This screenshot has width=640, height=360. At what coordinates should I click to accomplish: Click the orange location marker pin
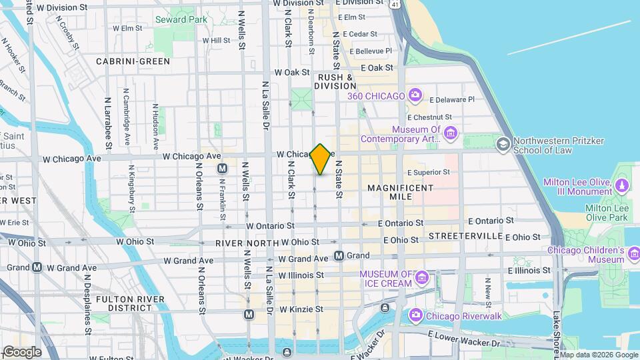[321, 159]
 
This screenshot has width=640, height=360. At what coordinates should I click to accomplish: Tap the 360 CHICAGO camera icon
[415, 95]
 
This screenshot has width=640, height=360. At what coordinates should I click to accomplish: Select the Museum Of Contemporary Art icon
[450, 134]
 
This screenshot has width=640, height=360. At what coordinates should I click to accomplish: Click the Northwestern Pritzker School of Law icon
[503, 144]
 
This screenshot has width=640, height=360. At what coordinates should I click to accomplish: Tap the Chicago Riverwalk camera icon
[415, 314]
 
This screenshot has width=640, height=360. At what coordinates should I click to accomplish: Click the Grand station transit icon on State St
[339, 255]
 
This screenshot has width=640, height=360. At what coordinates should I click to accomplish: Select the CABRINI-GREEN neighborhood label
[133, 61]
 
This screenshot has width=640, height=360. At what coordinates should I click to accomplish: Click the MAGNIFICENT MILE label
[401, 194]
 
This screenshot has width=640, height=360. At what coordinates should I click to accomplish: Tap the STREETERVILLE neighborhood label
[465, 236]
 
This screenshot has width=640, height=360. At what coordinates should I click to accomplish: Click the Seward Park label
[181, 19]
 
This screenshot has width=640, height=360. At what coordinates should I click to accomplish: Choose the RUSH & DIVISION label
[336, 81]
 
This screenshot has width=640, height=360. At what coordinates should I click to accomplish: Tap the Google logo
[21, 352]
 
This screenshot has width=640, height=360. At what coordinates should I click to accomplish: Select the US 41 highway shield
[397, 5]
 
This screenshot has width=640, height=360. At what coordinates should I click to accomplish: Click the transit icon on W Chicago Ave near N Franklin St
[223, 169]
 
